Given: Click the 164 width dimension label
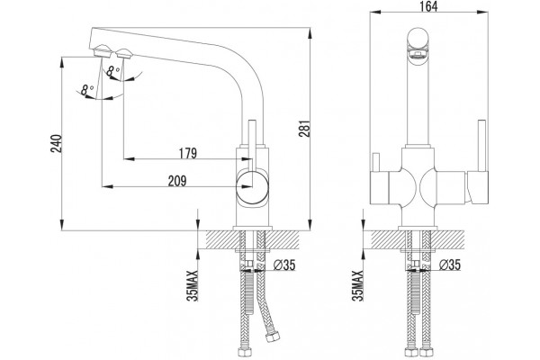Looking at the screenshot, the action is [x=428, y=6].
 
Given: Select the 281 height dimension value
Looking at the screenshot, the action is [x=305, y=129].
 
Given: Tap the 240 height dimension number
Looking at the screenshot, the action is [x=57, y=143].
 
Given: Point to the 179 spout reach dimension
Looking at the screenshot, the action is [x=188, y=153].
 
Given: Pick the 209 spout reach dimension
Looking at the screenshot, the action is [x=177, y=181].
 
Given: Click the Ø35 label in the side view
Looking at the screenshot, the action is [x=284, y=265].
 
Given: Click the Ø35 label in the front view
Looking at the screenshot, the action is [x=450, y=265].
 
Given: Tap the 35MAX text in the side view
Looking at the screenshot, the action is [x=193, y=285].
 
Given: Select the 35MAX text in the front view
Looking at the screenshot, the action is [x=358, y=285].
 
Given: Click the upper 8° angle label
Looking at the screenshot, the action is [x=112, y=71].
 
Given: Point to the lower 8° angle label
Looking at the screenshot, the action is [x=87, y=90].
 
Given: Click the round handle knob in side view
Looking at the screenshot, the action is [x=252, y=186].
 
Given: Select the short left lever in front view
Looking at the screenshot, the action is [x=375, y=162].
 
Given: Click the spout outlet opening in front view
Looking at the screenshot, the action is [x=418, y=53].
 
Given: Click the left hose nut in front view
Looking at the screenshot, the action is [x=409, y=353].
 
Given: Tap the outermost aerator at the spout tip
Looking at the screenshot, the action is [x=102, y=50].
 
